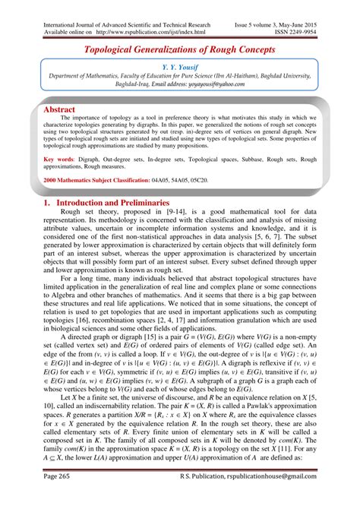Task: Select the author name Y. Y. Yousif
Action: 180,68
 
